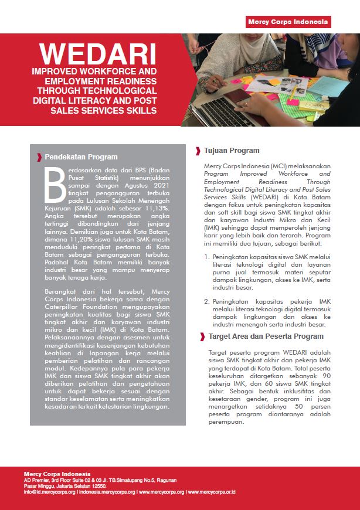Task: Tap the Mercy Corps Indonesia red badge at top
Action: (x=288, y=22)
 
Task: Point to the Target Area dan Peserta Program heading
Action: (x=266, y=336)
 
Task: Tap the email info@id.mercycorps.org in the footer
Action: (x=50, y=492)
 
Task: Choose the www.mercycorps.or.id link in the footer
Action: (x=212, y=492)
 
